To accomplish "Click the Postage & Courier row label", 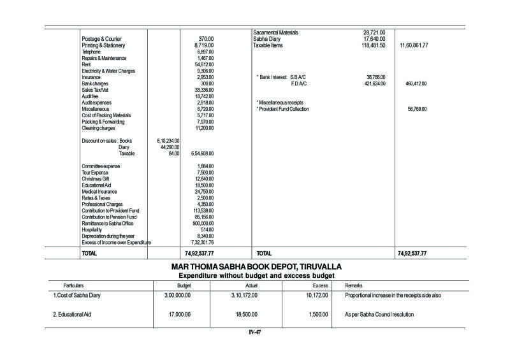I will click(x=101, y=39).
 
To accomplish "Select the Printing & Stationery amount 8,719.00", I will click(x=203, y=46).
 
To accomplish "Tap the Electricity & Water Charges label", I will click(x=108, y=71).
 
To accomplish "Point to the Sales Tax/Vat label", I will click(x=95, y=90).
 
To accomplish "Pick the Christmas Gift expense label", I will click(x=96, y=179).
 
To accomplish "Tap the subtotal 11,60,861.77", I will click(x=413, y=46).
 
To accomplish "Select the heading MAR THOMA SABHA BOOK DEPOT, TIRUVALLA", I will click(x=256, y=266).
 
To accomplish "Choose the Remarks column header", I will click(x=354, y=285).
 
